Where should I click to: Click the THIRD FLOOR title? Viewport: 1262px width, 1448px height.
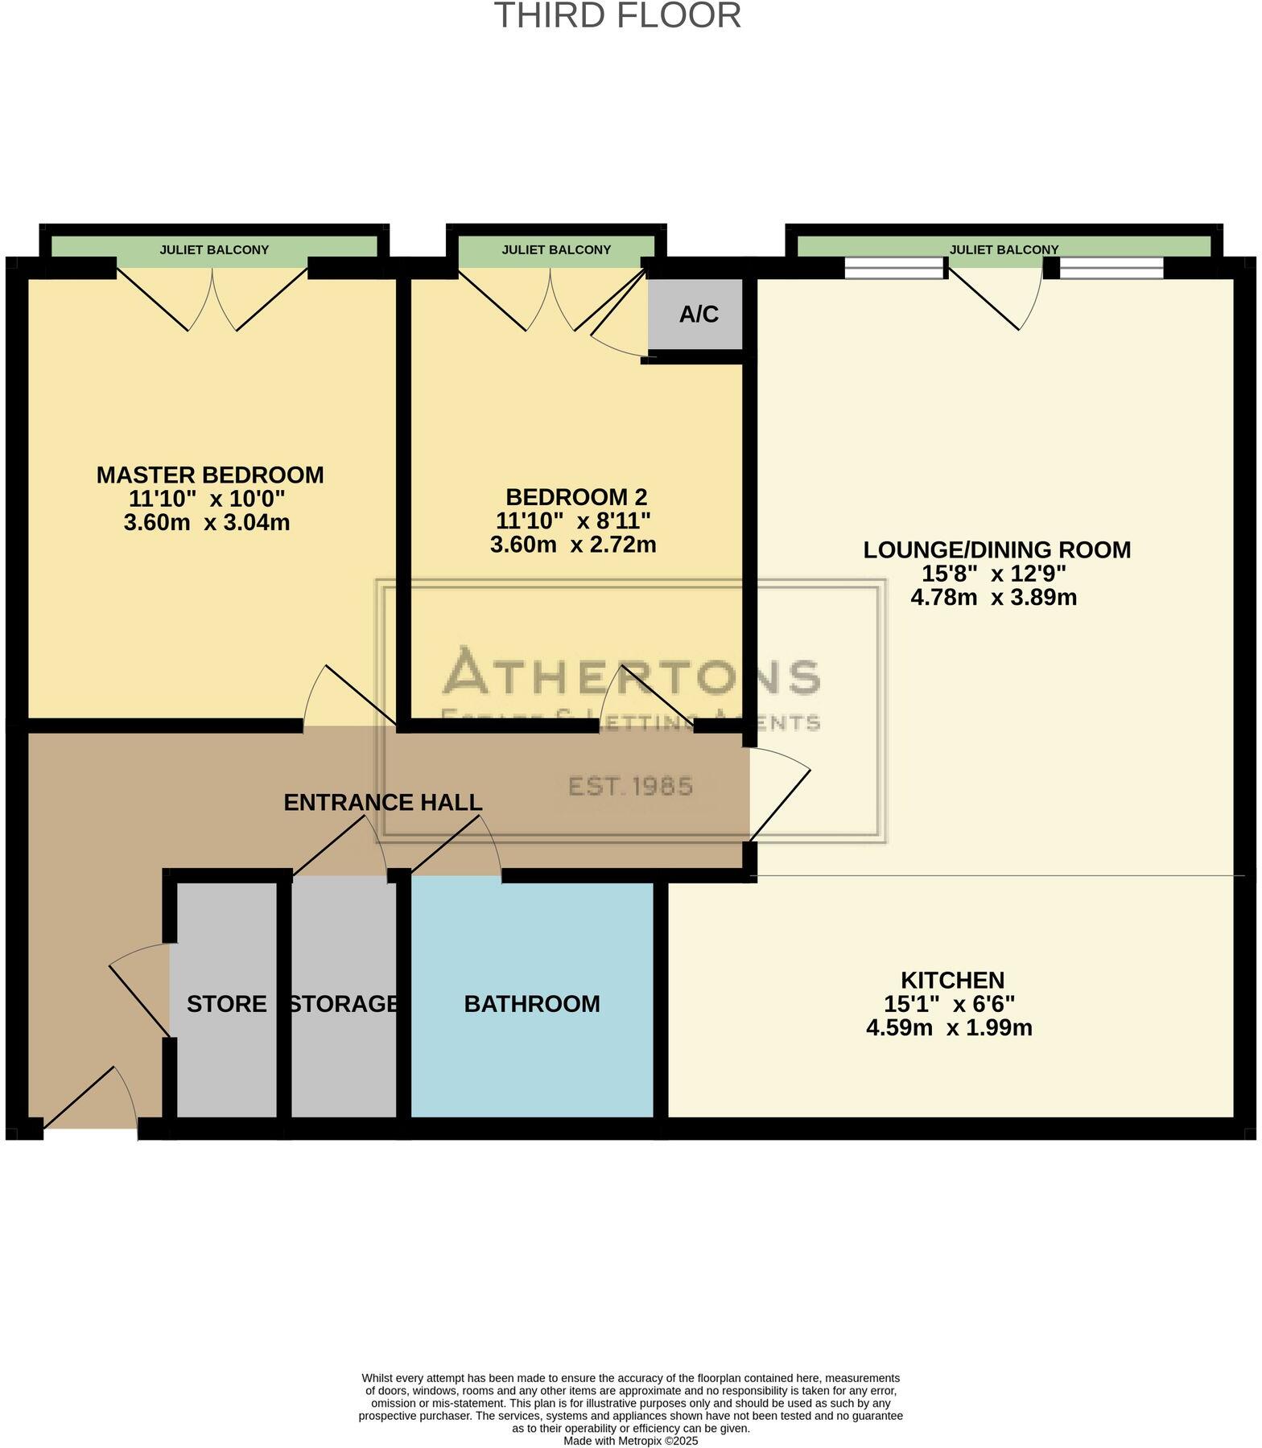617,16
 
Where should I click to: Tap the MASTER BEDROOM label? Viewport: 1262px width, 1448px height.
210,475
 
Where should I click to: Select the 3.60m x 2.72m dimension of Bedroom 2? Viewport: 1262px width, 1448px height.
573,545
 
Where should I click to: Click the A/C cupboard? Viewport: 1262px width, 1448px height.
698,315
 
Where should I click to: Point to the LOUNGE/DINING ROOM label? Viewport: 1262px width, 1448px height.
996,550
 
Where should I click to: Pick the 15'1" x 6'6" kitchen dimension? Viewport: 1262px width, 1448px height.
949,1004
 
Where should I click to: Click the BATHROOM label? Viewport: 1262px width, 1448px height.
532,1004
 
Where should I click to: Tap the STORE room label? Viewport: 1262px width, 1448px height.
226,1004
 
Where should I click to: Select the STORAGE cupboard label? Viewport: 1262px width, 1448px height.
344,1004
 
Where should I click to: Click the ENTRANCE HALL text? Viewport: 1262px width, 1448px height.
383,802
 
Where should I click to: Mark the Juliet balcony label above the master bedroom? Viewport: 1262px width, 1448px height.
214,249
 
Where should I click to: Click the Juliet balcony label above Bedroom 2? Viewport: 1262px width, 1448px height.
556,249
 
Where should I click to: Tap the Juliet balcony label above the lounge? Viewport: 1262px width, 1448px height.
1004,249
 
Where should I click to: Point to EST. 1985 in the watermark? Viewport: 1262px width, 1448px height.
631,786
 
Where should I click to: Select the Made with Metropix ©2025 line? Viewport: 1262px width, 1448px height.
630,1441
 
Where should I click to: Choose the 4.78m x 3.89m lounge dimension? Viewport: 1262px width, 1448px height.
993,597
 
